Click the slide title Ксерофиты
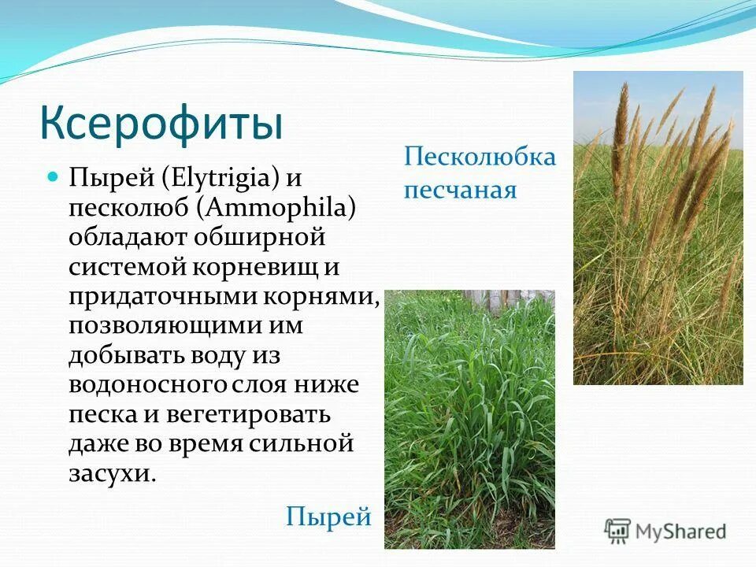tap(161, 124)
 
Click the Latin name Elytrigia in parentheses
tap(223, 178)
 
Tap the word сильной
tap(303, 443)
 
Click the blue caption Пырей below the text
tap(328, 517)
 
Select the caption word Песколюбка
tap(480, 157)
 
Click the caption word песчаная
tap(461, 190)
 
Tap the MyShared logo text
tap(681, 531)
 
